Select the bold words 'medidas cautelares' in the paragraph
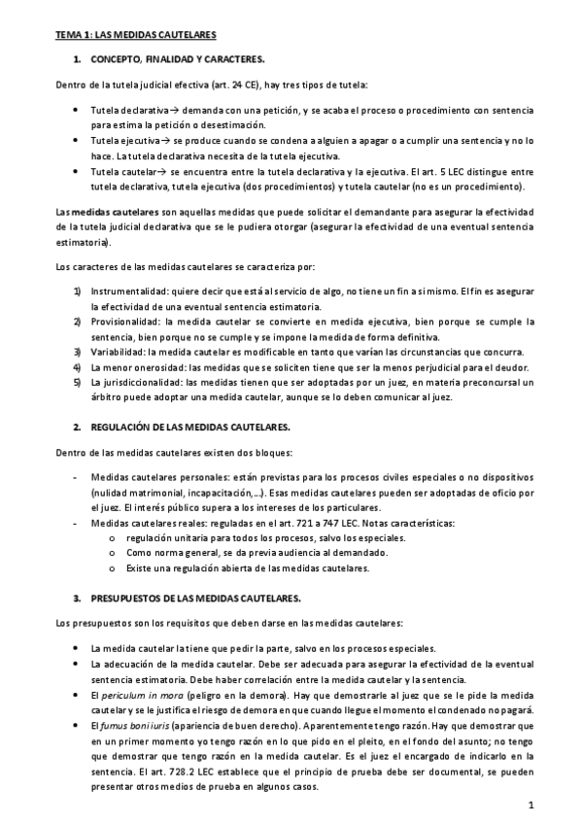pyautogui.click(x=115, y=211)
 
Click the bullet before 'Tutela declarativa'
pyautogui.click(x=77, y=112)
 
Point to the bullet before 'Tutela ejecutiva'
pyautogui.click(x=77, y=141)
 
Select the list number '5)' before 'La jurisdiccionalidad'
pyautogui.click(x=77, y=384)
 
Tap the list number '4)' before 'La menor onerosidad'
pyautogui.click(x=77, y=367)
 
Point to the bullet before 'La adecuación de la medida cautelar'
pyautogui.click(x=77, y=664)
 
